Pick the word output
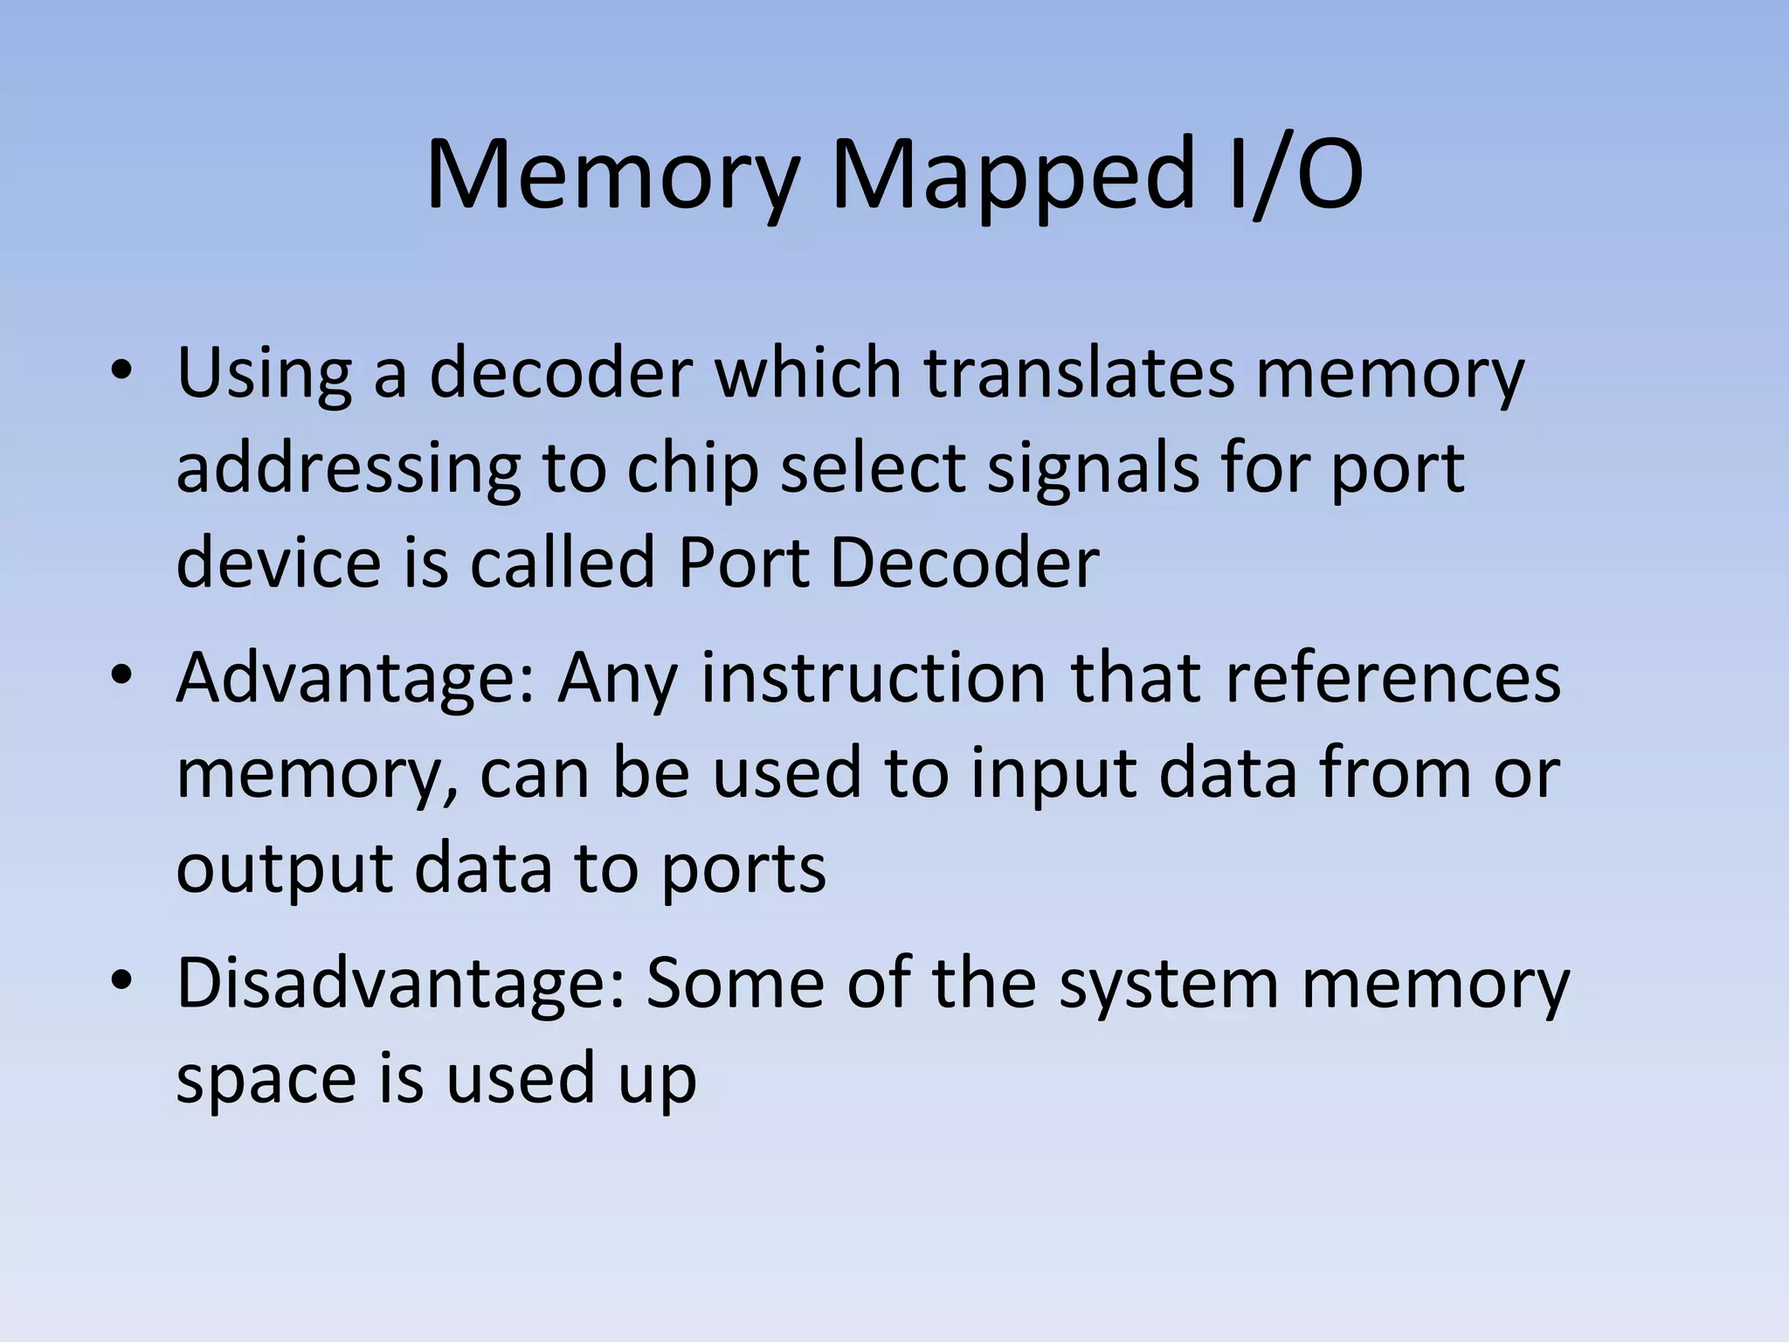pos(284,870)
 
